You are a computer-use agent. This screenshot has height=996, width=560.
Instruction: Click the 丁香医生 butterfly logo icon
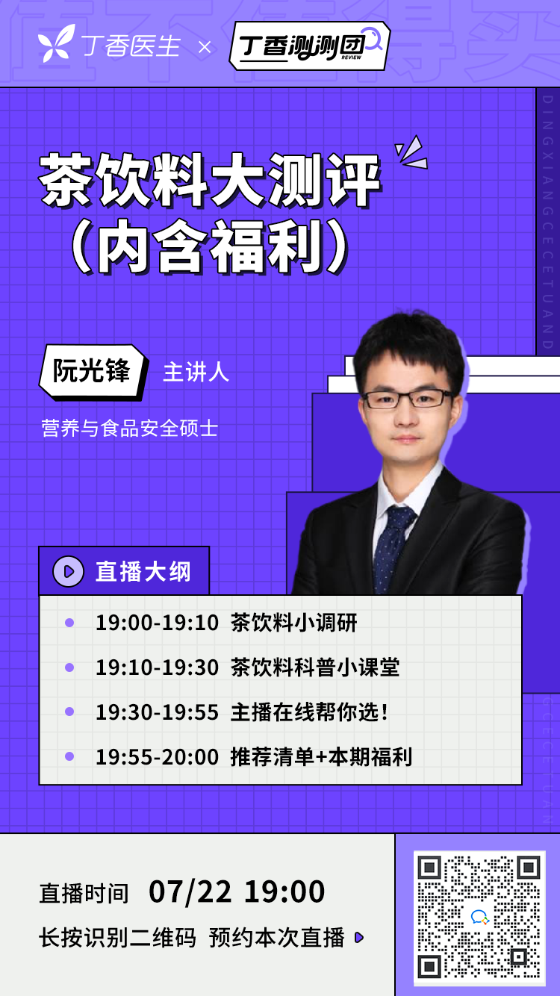pyautogui.click(x=56, y=43)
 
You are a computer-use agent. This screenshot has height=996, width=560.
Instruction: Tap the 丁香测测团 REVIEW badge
pyautogui.click(x=310, y=46)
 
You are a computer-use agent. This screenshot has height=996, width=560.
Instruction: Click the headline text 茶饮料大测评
pyautogui.click(x=210, y=180)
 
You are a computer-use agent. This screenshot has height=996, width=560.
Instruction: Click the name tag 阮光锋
pyautogui.click(x=92, y=371)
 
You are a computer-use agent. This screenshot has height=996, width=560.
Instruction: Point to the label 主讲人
pyautogui.click(x=196, y=372)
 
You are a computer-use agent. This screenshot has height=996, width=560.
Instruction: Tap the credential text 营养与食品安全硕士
pyautogui.click(x=129, y=429)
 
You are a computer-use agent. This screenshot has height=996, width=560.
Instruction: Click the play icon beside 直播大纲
pyautogui.click(x=68, y=571)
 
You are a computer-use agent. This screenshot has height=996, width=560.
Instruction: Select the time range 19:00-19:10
pyautogui.click(x=157, y=623)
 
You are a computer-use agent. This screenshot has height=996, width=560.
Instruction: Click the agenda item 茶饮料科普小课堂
pyautogui.click(x=315, y=667)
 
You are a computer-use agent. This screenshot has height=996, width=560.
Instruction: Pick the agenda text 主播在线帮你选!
pyautogui.click(x=310, y=712)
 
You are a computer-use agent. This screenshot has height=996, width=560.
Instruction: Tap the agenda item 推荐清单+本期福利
pyautogui.click(x=321, y=757)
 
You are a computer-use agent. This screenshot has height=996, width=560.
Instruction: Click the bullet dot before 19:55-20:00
pyautogui.click(x=69, y=756)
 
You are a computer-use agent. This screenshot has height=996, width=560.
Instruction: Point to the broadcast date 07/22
pyautogui.click(x=190, y=891)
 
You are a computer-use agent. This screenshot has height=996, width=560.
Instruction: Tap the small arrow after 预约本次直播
pyautogui.click(x=359, y=938)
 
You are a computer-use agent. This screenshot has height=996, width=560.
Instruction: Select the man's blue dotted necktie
pyautogui.click(x=391, y=549)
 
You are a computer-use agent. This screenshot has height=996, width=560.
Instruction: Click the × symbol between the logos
pyautogui.click(x=205, y=47)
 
